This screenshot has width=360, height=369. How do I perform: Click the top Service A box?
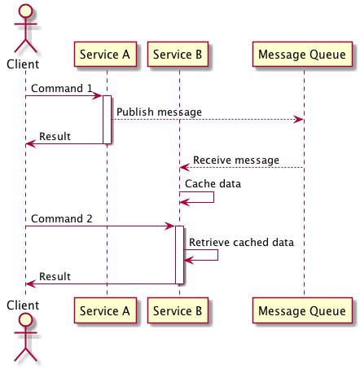[x=105, y=55]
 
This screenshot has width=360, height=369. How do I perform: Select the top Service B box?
[x=178, y=55]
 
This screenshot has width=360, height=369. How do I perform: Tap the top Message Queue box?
[x=302, y=55]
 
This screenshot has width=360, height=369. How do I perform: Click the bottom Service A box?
[x=105, y=310]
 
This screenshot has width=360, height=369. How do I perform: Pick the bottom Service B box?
[x=178, y=310]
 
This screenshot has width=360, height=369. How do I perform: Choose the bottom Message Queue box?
[x=302, y=310]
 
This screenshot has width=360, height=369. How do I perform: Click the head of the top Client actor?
[x=25, y=11]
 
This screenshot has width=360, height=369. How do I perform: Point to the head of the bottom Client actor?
[x=25, y=320]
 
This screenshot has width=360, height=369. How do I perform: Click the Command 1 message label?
[x=62, y=88]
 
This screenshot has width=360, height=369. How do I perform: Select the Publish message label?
[x=159, y=112]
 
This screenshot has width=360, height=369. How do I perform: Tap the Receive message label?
[x=236, y=160]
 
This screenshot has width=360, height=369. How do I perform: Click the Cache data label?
[x=213, y=184]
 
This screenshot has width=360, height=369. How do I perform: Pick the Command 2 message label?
[x=62, y=218]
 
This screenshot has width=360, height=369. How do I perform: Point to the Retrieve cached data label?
[x=241, y=242]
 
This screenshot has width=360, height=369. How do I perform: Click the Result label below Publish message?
[x=55, y=136]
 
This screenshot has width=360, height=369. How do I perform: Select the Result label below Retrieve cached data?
[x=55, y=276]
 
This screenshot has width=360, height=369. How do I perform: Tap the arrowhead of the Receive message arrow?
[x=185, y=168]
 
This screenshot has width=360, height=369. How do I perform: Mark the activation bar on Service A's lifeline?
[x=107, y=120]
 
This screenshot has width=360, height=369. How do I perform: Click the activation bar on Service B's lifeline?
[x=179, y=255]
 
